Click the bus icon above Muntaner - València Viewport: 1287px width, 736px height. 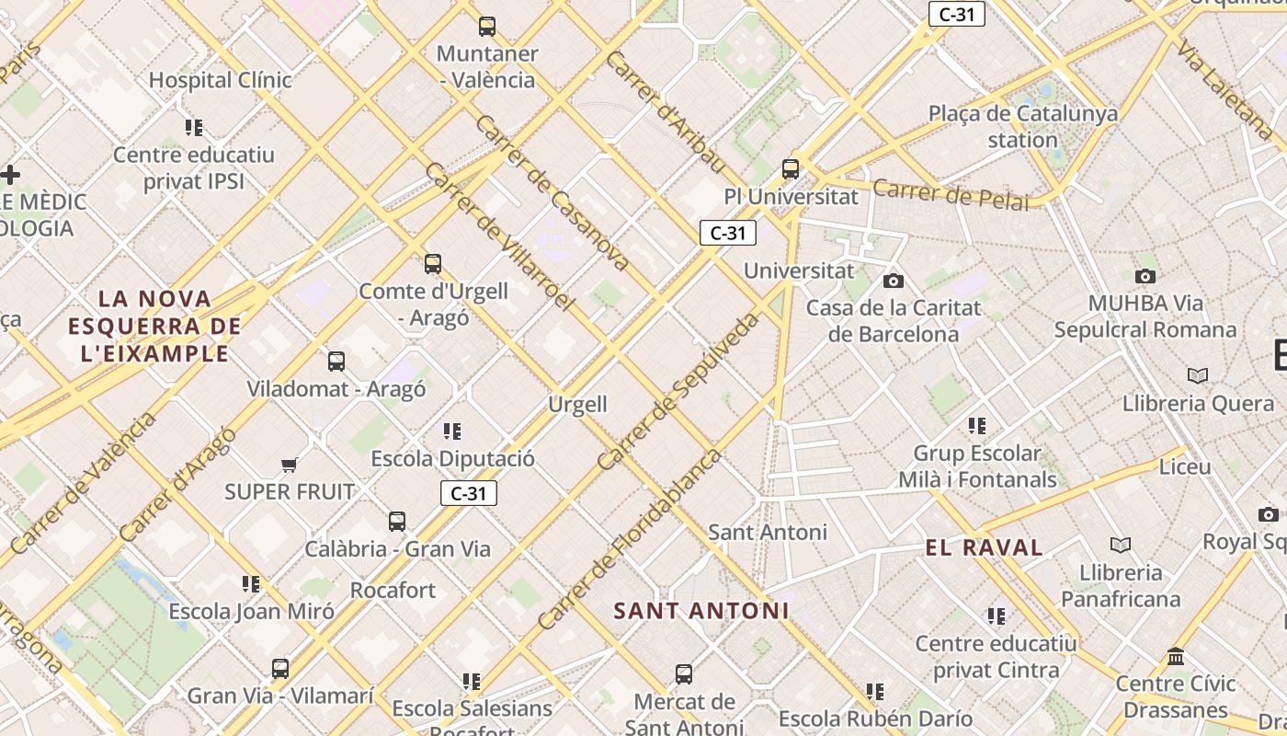point(487,27)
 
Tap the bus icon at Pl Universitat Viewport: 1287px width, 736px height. point(791,169)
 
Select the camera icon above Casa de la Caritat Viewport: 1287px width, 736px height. point(893,281)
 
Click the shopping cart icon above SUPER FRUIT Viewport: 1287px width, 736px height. point(290,465)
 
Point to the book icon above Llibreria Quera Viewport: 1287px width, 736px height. point(1198,375)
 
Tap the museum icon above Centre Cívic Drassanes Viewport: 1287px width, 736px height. point(1176,657)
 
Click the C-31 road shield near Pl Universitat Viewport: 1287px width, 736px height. point(728,233)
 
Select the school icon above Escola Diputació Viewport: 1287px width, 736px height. point(451,431)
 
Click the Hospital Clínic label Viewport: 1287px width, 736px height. point(221,80)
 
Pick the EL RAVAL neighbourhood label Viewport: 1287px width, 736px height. point(984,548)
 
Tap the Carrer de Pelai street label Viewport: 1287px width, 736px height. point(951,195)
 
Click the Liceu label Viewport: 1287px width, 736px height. point(1185,466)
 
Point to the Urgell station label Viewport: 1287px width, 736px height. point(577,404)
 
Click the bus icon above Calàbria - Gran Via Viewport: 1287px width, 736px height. point(397,522)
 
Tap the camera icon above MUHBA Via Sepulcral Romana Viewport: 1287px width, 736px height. point(1145,276)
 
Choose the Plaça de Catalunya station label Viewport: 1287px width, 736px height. point(1023,127)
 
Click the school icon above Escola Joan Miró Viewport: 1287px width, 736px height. point(251,583)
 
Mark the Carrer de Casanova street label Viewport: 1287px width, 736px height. point(552,193)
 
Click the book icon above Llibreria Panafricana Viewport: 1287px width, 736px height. point(1121,545)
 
